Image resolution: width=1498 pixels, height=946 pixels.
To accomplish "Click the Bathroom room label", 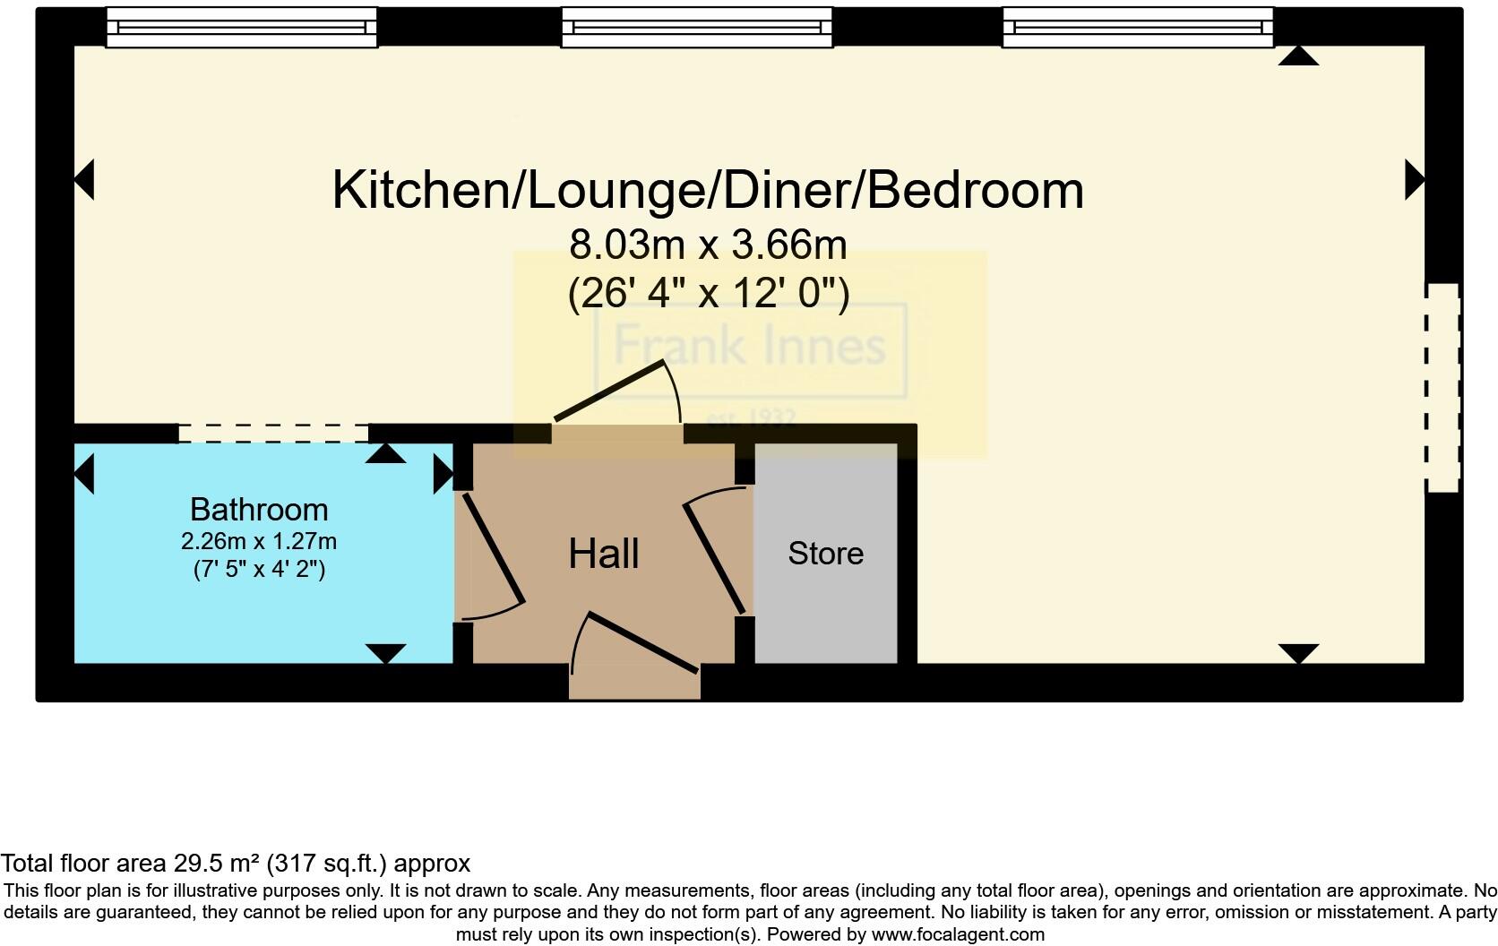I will pyautogui.click(x=259, y=509).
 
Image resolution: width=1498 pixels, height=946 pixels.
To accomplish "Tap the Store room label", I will pyautogui.click(x=825, y=553).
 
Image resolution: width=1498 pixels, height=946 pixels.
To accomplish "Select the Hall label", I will pyautogui.click(x=603, y=553).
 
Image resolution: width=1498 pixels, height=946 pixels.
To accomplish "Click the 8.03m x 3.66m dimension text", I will pyautogui.click(x=708, y=244).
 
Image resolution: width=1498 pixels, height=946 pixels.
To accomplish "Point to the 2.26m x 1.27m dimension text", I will pyautogui.click(x=259, y=541).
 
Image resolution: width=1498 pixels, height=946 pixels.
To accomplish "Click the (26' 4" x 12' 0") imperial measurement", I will pyautogui.click(x=708, y=292).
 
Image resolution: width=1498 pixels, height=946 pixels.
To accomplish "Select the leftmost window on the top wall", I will pyautogui.click(x=241, y=28).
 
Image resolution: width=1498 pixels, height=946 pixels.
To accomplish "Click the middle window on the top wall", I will pyautogui.click(x=696, y=28).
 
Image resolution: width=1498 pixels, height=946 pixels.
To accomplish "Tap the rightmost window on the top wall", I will pyautogui.click(x=1137, y=28).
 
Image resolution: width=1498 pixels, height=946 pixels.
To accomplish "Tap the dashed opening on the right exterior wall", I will pyautogui.click(x=1442, y=387).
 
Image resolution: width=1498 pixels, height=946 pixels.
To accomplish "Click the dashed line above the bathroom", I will pyautogui.click(x=273, y=434).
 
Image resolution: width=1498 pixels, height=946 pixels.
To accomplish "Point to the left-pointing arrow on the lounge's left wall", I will pyautogui.click(x=83, y=179).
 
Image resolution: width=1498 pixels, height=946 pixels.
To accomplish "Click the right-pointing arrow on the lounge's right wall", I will pyautogui.click(x=1415, y=179).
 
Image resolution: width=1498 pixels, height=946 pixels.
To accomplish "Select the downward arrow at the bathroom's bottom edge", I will pyautogui.click(x=385, y=653).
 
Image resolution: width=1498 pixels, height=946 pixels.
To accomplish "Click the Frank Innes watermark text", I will pyautogui.click(x=749, y=346).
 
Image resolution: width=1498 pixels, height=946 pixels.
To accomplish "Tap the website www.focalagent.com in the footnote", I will pyautogui.click(x=958, y=934).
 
